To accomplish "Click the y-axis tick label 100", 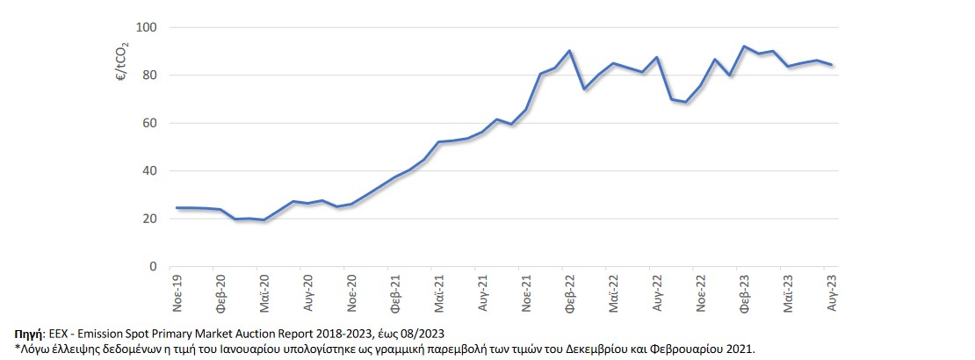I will tap(145, 28).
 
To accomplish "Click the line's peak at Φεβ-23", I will tap(745, 47).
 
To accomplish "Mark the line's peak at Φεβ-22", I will tap(570, 51).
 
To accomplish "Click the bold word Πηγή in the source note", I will tap(28, 334).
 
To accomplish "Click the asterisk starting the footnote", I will tap(17, 349).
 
